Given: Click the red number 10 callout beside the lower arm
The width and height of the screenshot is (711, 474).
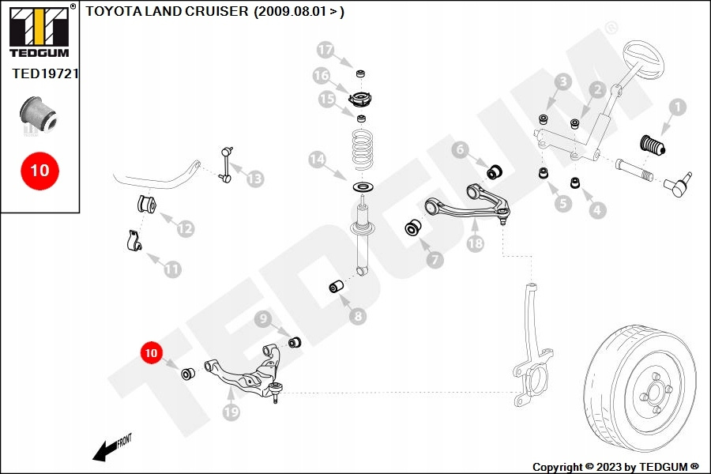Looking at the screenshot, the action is (151, 353).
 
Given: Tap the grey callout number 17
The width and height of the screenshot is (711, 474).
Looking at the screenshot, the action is (325, 50).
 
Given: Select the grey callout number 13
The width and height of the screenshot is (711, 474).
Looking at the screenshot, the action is (255, 179).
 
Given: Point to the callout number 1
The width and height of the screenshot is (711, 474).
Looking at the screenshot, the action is (678, 107).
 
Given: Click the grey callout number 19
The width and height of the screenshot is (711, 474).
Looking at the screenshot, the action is (231, 412).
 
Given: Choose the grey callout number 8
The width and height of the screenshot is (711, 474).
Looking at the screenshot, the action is (358, 316).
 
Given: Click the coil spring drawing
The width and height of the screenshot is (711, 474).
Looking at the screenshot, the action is (363, 149).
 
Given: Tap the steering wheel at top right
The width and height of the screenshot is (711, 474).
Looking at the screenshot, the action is (643, 61).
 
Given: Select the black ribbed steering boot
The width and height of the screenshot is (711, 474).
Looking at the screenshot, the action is (652, 145).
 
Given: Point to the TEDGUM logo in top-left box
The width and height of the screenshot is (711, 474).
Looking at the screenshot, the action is (39, 31).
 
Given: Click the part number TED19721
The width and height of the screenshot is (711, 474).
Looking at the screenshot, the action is (45, 73).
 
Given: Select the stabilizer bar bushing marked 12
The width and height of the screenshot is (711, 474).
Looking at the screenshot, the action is (146, 204).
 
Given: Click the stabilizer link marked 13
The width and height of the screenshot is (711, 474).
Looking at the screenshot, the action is (227, 164).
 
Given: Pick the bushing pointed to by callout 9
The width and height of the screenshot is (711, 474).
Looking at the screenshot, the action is (295, 341).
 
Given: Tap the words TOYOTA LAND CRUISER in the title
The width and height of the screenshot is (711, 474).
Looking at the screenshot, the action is (167, 11).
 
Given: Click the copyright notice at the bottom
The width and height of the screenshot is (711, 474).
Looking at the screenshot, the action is (615, 467).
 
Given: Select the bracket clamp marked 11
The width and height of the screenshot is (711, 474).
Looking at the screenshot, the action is (134, 241).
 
